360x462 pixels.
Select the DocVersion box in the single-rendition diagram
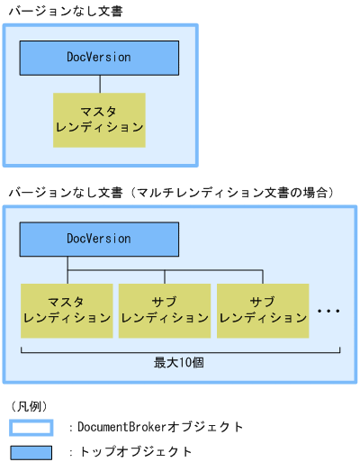pyautogui.click(x=99, y=58)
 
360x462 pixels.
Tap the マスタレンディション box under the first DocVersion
pyautogui.click(x=99, y=119)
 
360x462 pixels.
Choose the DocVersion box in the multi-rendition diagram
pyautogui.click(x=99, y=239)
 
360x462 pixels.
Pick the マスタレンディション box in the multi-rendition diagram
pyautogui.click(x=67, y=310)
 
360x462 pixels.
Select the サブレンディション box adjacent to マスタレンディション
pyautogui.click(x=165, y=310)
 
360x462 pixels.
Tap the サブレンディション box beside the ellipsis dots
pyautogui.click(x=263, y=310)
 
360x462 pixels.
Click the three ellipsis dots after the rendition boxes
pyautogui.click(x=328, y=311)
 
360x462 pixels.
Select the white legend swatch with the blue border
pyautogui.click(x=31, y=427)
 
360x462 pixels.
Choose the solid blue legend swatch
pyautogui.click(x=31, y=451)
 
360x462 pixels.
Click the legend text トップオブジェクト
pyautogui.click(x=135, y=451)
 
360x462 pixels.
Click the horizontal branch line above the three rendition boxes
pyautogui.click(x=165, y=268)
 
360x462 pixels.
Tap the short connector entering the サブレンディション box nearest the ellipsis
pyautogui.click(x=263, y=276)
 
